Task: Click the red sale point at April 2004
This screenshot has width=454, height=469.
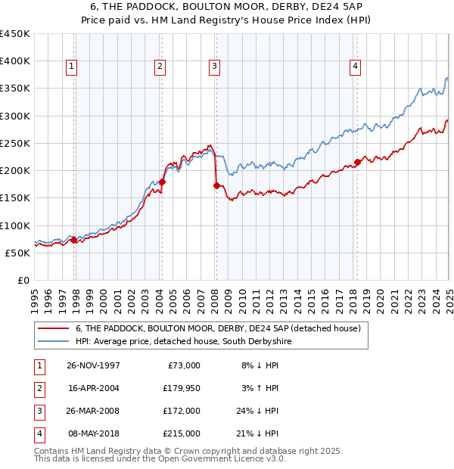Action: pyautogui.click(x=162, y=182)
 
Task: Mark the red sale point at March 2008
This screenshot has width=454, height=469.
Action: pyautogui.click(x=216, y=185)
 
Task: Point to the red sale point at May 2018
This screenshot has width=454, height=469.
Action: pyautogui.click(x=357, y=162)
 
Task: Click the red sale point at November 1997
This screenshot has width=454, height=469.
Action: pyautogui.click(x=74, y=240)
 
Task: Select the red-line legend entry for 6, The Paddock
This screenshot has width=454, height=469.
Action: pyautogui.click(x=219, y=328)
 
